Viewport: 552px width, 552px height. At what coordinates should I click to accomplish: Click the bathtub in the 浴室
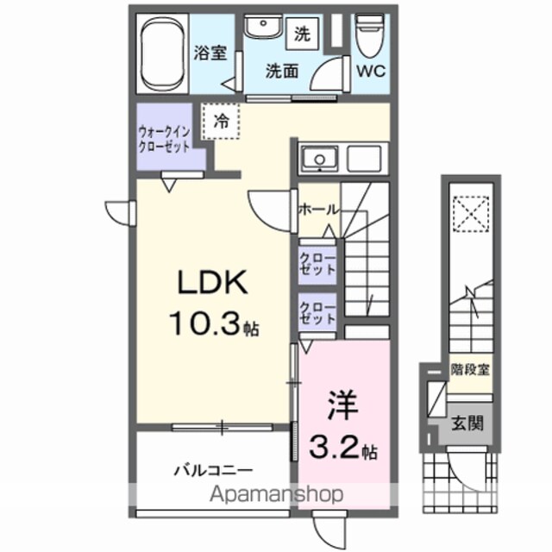162,54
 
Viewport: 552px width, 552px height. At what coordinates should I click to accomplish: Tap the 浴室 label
210,53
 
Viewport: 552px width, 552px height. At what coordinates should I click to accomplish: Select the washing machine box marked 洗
303,34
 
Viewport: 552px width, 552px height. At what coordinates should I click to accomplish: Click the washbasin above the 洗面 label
263,27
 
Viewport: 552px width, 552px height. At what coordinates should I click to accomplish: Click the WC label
372,72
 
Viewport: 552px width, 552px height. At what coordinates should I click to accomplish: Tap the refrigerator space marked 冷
221,122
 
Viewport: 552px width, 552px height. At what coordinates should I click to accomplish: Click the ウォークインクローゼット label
165,139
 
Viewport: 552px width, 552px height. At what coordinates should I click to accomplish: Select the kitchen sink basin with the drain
320,159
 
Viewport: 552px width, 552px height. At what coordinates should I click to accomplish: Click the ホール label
318,210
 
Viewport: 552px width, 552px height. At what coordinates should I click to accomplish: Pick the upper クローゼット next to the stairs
317,265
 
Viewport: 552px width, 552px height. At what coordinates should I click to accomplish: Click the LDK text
213,282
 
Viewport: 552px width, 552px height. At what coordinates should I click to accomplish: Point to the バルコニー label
214,470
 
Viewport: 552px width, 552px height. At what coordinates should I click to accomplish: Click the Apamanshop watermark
276,494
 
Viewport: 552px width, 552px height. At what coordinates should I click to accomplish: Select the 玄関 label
467,423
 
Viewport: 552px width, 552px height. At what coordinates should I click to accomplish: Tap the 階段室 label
470,370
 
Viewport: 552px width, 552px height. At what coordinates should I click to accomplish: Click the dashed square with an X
471,214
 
